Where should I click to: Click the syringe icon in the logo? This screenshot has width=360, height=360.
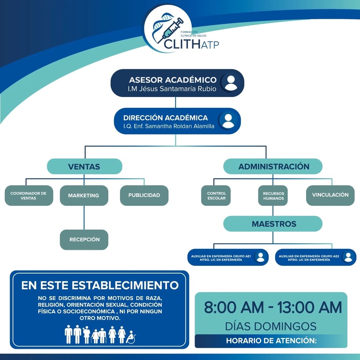coord(172,29)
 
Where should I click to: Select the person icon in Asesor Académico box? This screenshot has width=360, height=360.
coord(231,82)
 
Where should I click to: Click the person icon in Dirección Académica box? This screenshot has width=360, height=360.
coord(228,120)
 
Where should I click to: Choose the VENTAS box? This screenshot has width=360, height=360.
coord(84,166)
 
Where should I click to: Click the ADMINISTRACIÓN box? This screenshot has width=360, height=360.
coord(273,166)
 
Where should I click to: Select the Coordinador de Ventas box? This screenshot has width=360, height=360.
coord(29,195)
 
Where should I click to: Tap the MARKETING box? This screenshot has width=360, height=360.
coord(84,195)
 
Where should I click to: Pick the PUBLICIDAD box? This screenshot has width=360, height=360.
coord(144,195)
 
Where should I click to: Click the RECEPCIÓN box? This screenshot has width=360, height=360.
coord(84,240)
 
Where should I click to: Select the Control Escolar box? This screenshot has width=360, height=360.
coord(217,195)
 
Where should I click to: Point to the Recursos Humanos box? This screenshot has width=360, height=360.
coord(273,195)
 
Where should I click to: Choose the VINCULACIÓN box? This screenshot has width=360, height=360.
coord(330,195)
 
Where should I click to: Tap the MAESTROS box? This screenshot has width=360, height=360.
coord(273,224)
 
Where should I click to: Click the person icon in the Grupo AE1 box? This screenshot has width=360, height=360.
coord(260,257)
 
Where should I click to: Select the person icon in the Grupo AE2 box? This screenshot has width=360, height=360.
coord(347,257)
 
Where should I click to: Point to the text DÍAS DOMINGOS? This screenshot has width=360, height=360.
coord(270,326)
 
